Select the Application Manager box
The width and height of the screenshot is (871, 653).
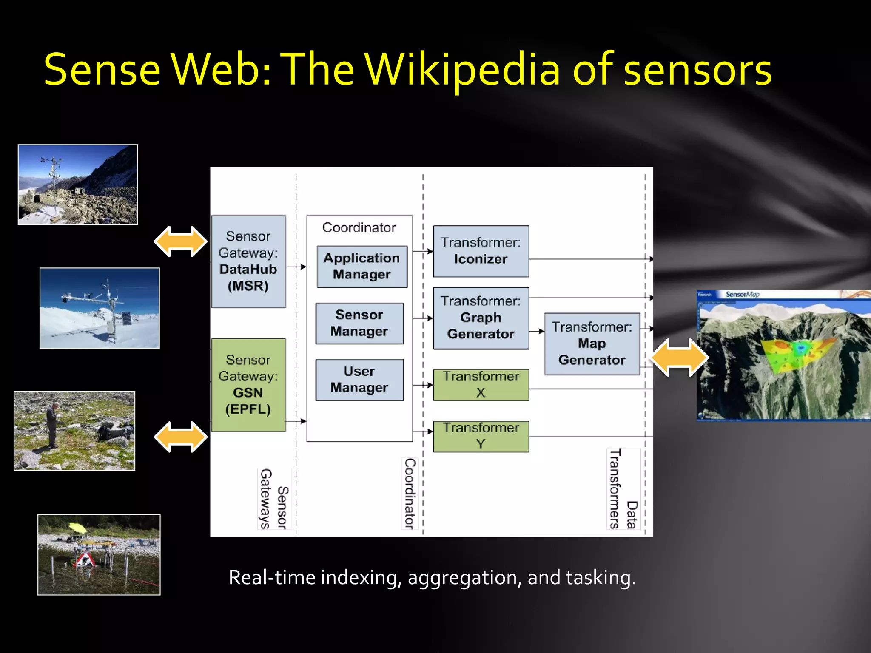tap(362, 267)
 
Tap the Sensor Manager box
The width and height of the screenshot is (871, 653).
tap(359, 323)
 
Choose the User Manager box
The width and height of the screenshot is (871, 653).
tap(359, 380)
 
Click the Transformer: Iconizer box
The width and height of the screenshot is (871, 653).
tap(481, 251)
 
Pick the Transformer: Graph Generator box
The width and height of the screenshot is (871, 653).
tap(481, 318)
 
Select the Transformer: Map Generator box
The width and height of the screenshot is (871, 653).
tap(592, 344)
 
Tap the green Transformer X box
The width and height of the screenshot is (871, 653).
tap(481, 385)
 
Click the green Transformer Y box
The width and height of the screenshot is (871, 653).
tap(481, 436)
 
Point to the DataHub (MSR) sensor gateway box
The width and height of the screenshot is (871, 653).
tap(248, 261)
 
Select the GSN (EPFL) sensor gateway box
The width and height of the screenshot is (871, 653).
tap(248, 385)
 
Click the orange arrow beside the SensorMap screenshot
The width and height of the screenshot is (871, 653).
tap(679, 357)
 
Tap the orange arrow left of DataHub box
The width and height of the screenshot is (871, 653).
tap(181, 241)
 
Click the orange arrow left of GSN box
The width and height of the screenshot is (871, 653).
tap(181, 437)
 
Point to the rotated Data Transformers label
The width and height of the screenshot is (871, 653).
tap(623, 489)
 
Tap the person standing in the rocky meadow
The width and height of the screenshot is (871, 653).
tap(51, 426)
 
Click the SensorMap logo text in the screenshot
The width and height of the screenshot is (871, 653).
tap(742, 294)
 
